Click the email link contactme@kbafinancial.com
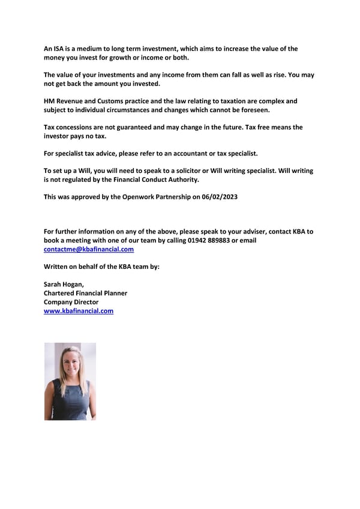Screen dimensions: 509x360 coord(89,249)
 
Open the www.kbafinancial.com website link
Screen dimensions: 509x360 coord(79,311)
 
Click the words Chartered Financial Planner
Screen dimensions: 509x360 coord(85,293)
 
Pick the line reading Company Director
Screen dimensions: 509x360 coord(71,302)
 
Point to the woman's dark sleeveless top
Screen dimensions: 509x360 coord(70,399)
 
